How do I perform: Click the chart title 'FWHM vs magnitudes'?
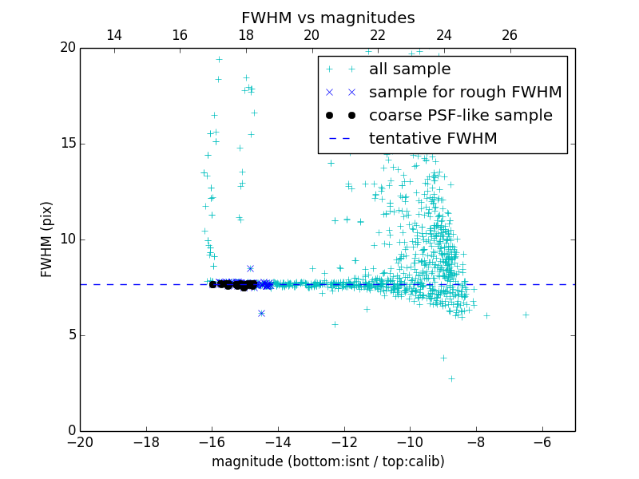tap(327, 18)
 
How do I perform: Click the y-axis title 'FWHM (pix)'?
tap(47, 239)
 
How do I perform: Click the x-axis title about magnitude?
tap(327, 461)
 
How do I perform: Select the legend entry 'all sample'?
tap(409, 69)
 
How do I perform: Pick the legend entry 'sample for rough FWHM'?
tap(465, 93)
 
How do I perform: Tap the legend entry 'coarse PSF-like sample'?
tap(460, 116)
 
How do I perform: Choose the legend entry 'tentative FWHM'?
tap(433, 139)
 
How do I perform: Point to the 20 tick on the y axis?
tap(67, 48)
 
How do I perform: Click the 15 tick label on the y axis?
tap(67, 144)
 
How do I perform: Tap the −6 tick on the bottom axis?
tap(542, 441)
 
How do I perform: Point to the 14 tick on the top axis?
tap(114, 35)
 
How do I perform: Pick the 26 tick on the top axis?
tap(510, 35)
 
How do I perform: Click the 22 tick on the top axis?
tap(378, 35)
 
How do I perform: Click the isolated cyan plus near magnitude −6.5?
tap(526, 315)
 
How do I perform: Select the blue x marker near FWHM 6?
tap(261, 313)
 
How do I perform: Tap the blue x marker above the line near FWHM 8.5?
tap(250, 269)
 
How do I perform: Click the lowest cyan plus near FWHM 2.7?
tap(451, 378)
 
